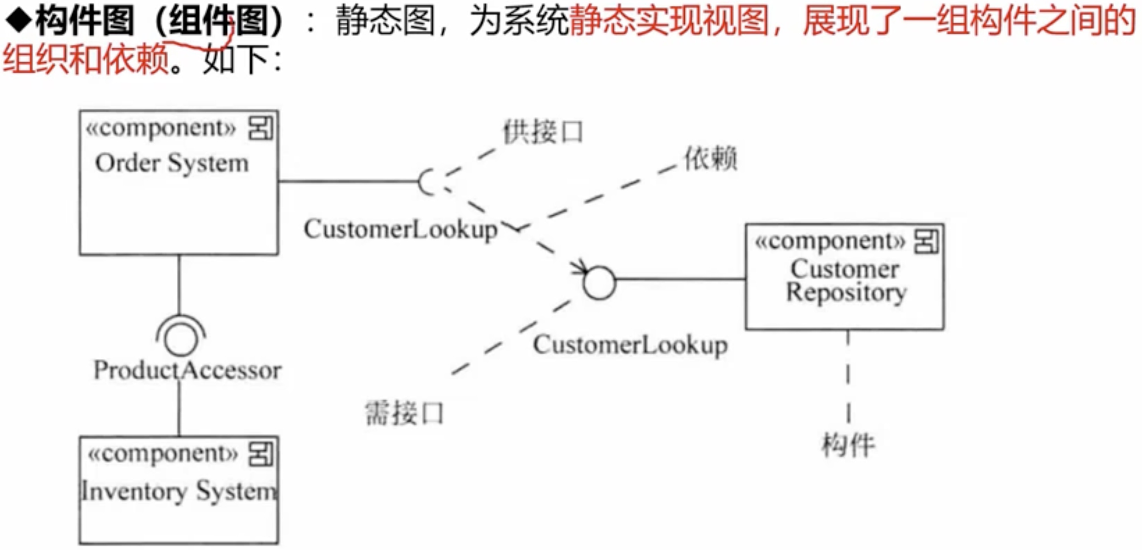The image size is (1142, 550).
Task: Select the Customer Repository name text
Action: tap(846, 281)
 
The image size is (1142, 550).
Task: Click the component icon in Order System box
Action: tap(261, 129)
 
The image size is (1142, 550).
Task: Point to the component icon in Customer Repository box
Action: tap(926, 242)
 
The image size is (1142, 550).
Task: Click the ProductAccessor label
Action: tap(187, 370)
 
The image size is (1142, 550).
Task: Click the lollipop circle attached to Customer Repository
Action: tap(599, 283)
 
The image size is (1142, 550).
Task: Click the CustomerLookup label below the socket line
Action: tap(400, 229)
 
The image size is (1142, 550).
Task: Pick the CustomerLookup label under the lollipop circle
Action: tap(630, 345)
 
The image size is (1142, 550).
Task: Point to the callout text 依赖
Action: tap(711, 159)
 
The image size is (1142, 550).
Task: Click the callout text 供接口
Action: tap(542, 132)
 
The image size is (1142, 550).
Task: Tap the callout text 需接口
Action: tap(404, 413)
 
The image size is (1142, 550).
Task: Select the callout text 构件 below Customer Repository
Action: tap(848, 445)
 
